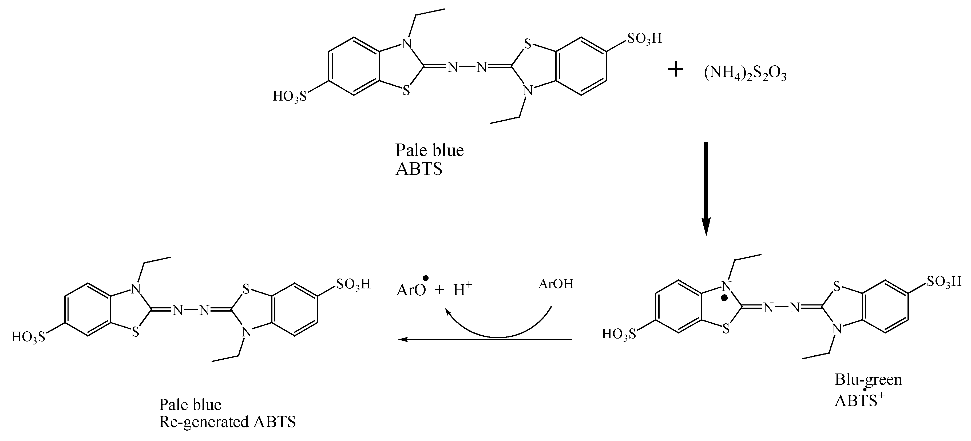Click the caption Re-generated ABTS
tap(227, 422)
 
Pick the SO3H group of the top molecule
tap(644, 38)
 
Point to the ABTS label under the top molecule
tap(419, 170)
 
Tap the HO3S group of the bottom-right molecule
tap(619, 333)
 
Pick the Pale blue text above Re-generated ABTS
tap(190, 404)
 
